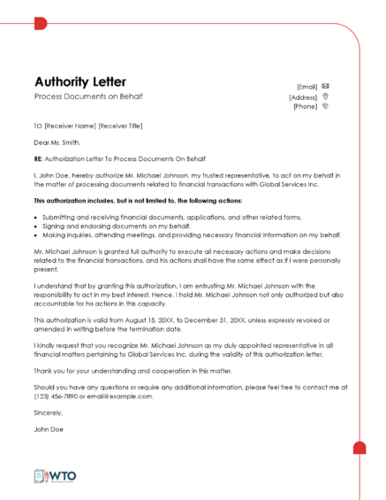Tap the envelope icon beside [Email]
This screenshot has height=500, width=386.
[x=326, y=86]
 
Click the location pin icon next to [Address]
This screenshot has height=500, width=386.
[x=326, y=96]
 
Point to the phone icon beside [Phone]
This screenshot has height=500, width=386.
[x=326, y=107]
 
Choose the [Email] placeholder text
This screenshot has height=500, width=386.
[x=307, y=87]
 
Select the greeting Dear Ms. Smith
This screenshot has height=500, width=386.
[x=57, y=142]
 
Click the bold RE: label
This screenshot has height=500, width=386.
[x=39, y=158]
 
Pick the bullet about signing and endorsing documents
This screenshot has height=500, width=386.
[x=104, y=226]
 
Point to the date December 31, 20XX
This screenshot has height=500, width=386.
[x=221, y=319]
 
